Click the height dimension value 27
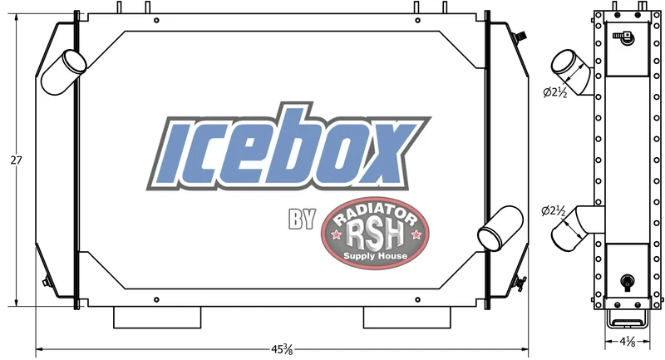click(x=16, y=160)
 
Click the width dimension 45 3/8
click(x=282, y=349)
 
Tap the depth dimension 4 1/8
click(x=628, y=341)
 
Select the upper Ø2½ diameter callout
click(x=555, y=92)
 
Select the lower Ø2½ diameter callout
click(x=554, y=210)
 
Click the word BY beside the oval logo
click(x=302, y=219)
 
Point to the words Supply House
click(x=376, y=256)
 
